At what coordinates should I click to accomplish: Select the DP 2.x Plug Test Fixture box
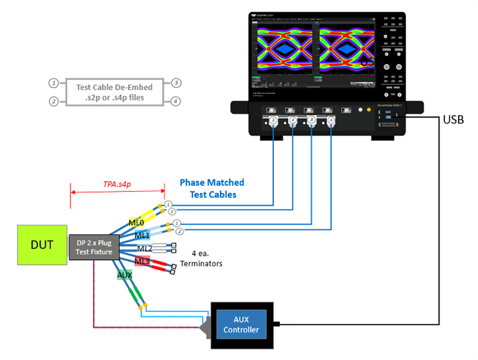(x=94, y=247)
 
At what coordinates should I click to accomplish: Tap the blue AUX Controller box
(x=241, y=325)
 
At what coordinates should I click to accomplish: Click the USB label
(x=453, y=120)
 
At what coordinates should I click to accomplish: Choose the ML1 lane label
(x=143, y=235)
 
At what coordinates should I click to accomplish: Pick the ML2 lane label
(x=144, y=248)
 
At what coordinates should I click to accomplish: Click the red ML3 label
(x=142, y=261)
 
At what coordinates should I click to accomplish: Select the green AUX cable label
(x=125, y=275)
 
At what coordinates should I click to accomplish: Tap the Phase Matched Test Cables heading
(x=212, y=188)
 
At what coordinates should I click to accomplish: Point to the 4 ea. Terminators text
(x=201, y=259)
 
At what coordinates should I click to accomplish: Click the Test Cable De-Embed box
(x=114, y=92)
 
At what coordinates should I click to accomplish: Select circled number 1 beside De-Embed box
(x=54, y=83)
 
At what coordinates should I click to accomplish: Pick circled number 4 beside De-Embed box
(x=175, y=101)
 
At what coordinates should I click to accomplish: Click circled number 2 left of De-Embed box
(x=54, y=101)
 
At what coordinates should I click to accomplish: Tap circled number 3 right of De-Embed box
(x=175, y=83)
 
